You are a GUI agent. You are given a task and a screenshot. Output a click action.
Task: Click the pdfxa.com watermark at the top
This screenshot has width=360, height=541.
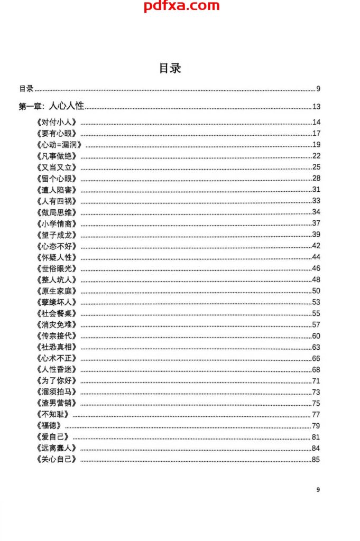[181, 6]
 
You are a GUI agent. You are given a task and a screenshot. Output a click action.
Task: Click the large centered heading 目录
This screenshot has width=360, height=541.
[170, 68]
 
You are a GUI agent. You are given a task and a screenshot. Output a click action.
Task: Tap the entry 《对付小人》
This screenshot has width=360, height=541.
[58, 123]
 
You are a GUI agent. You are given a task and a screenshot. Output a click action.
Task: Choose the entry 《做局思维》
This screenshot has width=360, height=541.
[58, 212]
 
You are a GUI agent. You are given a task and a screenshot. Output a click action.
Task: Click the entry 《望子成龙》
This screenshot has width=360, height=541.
[58, 235]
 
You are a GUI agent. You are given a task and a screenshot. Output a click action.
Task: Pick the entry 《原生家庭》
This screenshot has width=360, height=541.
[58, 291]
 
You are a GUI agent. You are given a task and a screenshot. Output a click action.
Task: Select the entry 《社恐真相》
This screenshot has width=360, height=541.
[58, 347]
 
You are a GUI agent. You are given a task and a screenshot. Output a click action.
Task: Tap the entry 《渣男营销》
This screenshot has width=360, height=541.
[58, 403]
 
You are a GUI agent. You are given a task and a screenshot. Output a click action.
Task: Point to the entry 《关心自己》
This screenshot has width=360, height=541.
[58, 459]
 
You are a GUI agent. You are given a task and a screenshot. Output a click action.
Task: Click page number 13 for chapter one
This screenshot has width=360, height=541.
[316, 107]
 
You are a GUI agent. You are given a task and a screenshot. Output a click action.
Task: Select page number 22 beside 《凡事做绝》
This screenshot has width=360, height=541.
[316, 156]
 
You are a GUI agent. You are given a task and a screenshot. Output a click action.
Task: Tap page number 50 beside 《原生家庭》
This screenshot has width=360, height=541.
[316, 291]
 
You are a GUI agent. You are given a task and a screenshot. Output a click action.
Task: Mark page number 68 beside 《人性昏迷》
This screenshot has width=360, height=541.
[316, 369]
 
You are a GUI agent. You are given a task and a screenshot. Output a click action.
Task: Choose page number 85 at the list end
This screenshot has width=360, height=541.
[316, 459]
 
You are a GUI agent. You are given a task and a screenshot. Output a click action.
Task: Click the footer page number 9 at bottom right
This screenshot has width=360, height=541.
[318, 490]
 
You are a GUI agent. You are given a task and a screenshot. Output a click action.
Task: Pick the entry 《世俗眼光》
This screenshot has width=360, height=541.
[58, 268]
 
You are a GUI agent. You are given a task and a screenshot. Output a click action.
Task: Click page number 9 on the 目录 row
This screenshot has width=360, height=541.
[318, 88]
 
